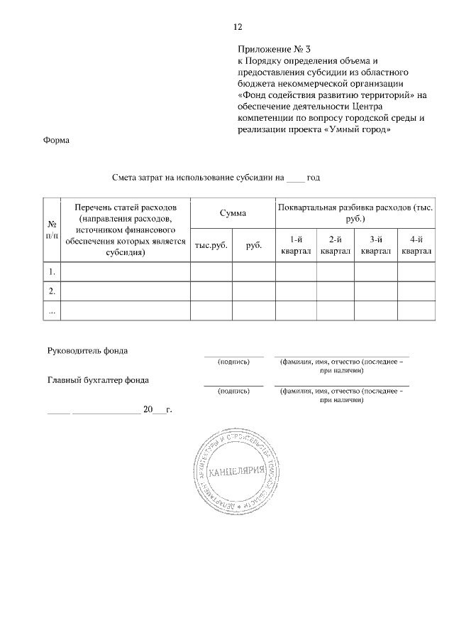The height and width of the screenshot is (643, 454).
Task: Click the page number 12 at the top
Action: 238,27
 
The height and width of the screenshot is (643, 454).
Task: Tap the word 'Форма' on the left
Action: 57,140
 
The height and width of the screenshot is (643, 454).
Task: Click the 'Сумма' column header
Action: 233,212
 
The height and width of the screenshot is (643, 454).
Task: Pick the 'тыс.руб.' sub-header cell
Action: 211,245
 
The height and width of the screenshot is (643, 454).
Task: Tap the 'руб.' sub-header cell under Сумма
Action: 254,245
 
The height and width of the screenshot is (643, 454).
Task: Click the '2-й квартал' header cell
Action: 336,245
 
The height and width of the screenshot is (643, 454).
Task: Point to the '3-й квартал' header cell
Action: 376,245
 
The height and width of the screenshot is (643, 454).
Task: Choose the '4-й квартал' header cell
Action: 416,245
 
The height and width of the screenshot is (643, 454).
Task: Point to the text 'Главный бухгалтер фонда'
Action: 98,380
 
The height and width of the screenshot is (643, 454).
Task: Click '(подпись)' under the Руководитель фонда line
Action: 233,362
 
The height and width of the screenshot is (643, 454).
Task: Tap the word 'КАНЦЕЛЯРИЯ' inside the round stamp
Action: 238,472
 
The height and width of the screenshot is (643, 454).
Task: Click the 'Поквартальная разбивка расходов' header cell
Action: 355,212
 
